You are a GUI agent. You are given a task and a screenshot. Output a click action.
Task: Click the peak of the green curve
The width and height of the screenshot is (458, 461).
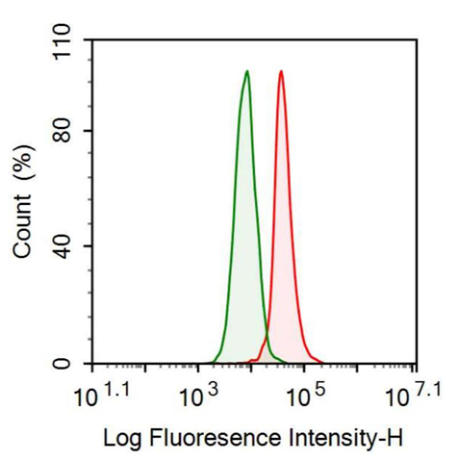pos(247,71)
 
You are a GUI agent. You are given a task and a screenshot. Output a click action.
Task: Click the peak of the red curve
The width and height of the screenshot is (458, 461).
pos(280,71)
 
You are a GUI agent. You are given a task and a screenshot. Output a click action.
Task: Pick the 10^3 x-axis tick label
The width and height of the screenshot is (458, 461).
pos(200,396)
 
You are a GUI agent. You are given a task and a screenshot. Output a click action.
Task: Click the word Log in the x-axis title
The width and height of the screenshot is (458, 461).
pos(119,438)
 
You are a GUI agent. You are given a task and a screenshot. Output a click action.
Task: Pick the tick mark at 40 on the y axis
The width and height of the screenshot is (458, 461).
pos(89,246)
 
